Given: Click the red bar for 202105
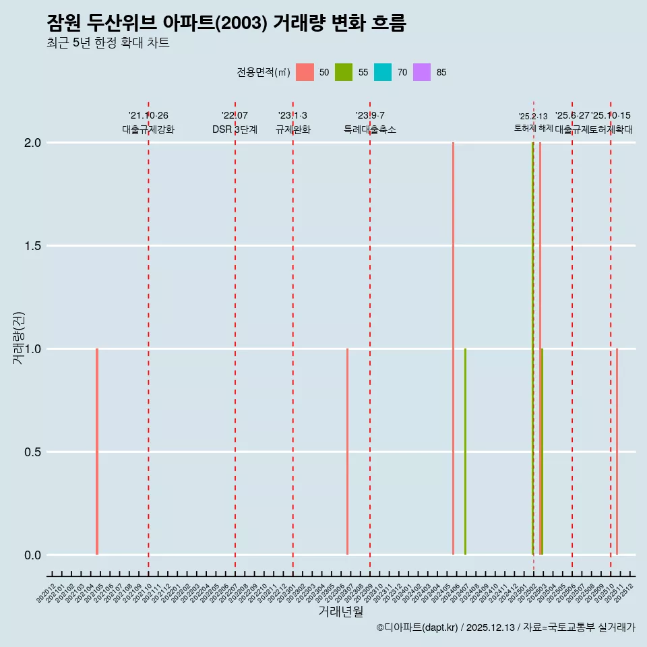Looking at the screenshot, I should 97,452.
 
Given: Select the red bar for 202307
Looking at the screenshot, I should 347,452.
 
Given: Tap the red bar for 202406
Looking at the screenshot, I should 453,348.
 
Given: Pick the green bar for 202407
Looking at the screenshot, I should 465,452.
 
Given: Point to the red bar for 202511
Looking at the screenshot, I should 617,452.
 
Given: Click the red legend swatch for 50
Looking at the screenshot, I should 305,72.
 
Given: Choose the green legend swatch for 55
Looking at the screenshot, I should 344,72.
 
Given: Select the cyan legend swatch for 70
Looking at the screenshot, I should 383,72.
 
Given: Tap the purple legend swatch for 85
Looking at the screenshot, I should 422,72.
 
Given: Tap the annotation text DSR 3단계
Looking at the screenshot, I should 235,129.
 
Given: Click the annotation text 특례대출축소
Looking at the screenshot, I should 370,129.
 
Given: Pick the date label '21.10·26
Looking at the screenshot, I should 148,116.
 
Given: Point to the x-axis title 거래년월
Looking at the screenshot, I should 341,612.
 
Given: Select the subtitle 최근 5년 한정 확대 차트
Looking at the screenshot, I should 108,43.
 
